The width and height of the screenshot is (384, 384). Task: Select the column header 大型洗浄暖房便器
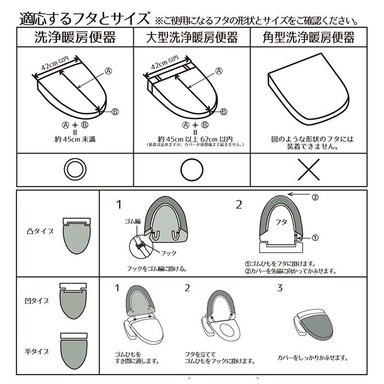pyautogui.click(x=191, y=37)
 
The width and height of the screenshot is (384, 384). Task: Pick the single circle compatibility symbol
pyautogui.click(x=191, y=170)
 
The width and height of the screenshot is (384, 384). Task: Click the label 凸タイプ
pyautogui.click(x=40, y=231)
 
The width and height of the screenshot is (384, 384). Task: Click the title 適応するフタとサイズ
pyautogui.click(x=84, y=18)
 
